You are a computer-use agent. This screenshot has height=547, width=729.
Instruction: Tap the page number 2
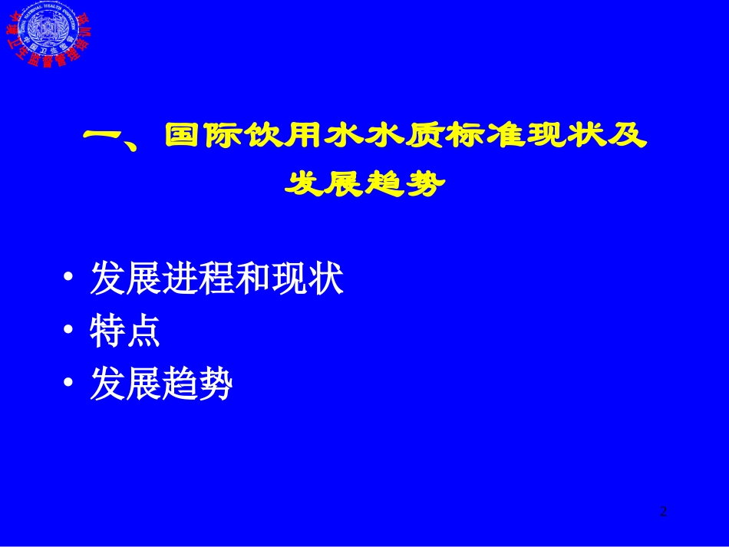[663, 512]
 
